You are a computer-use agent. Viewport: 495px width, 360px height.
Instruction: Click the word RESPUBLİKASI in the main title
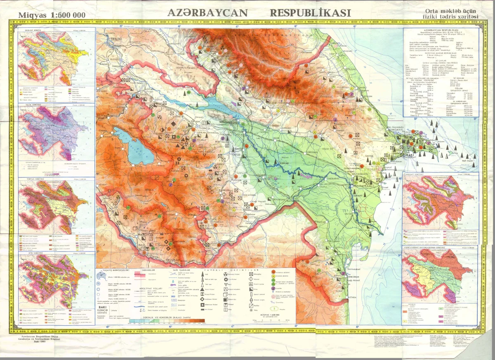tap(310, 13)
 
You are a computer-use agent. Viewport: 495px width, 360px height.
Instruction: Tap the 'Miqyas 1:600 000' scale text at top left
tap(52, 15)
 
